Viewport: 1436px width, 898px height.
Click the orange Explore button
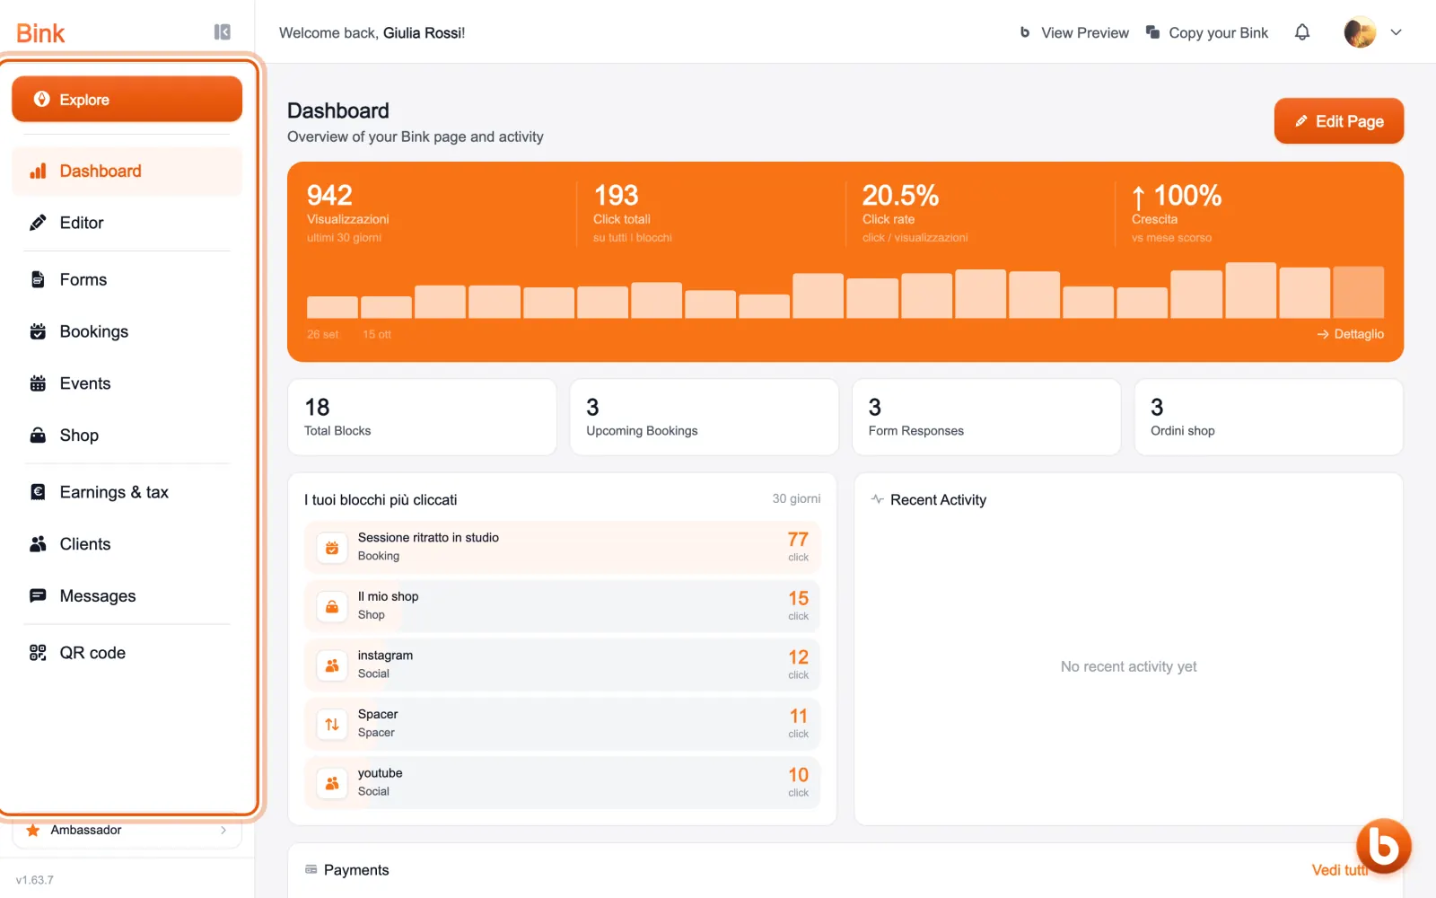[127, 100]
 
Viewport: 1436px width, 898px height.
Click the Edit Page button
[1338, 120]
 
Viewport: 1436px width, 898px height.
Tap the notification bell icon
[1302, 32]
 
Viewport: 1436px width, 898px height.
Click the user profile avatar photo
[1360, 32]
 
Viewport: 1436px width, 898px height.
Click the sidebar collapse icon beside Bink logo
[222, 32]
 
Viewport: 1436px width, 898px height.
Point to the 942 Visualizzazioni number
[329, 195]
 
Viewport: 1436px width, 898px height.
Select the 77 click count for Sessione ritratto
[798, 540]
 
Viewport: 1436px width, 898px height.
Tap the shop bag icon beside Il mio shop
[332, 606]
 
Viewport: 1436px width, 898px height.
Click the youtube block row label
[381, 773]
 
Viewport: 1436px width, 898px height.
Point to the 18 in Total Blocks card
[317, 408]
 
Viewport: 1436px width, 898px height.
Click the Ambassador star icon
[32, 830]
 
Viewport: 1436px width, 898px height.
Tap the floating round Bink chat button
[1383, 846]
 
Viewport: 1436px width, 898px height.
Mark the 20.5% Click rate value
[900, 195]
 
